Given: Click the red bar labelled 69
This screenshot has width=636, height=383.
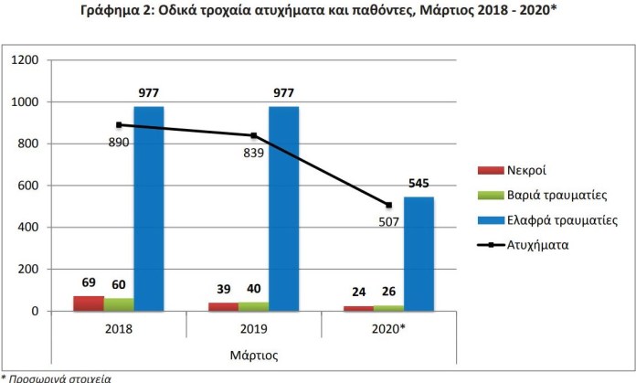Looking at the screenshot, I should (x=88, y=303).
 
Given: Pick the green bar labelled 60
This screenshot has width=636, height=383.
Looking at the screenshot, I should (x=118, y=304).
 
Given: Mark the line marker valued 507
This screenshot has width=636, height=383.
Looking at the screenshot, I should (x=388, y=205).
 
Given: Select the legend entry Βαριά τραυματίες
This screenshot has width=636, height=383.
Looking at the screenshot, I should (x=548, y=196).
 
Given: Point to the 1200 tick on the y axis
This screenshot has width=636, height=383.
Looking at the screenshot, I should (x=25, y=60).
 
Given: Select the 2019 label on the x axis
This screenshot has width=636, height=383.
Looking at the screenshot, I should (x=253, y=327).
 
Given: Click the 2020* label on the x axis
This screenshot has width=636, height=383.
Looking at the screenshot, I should (x=388, y=327).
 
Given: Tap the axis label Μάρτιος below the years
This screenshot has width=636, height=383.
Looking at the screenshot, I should (x=253, y=353).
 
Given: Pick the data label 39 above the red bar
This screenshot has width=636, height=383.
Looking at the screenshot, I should (x=223, y=289).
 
